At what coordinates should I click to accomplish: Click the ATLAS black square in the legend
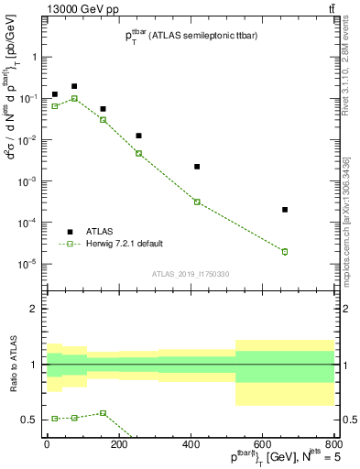[x=70, y=232]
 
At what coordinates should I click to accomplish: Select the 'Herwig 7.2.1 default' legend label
[x=125, y=244]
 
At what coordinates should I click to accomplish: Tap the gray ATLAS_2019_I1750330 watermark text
[x=191, y=274]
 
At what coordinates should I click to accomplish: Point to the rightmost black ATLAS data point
[x=285, y=210]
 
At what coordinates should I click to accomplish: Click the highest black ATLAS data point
[x=74, y=86]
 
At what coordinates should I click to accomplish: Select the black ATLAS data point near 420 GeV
[x=197, y=167]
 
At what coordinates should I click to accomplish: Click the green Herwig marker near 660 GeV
[x=285, y=252]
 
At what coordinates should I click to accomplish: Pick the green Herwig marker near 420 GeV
[x=197, y=202]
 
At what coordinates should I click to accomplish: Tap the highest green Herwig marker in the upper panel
[x=74, y=98]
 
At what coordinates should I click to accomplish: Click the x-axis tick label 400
[x=191, y=443]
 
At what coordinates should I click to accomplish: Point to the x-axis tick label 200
[x=118, y=443]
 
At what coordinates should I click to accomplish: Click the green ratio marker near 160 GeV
[x=104, y=413]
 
